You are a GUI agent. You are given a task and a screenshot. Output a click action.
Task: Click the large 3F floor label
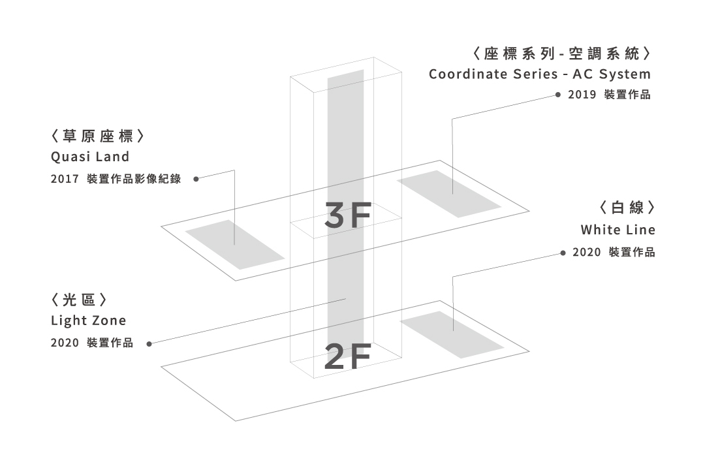348,217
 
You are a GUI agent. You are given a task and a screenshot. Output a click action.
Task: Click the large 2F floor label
348,356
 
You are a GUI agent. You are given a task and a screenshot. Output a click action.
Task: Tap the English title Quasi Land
90,157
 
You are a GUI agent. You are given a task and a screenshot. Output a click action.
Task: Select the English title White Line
618,230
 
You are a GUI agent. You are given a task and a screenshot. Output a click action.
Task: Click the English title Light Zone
88,321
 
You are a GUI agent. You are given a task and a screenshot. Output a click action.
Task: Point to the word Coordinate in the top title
465,74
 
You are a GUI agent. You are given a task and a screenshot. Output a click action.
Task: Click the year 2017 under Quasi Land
64,179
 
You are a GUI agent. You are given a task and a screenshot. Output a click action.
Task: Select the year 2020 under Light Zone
64,343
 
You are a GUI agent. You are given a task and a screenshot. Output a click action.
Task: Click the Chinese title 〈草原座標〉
97,137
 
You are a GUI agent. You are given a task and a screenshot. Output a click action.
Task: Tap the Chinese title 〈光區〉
78,301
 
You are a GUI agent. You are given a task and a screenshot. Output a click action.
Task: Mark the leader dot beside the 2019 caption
558,95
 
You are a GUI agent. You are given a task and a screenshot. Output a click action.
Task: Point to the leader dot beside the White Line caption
563,253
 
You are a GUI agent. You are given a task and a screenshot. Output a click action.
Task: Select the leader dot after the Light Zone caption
149,343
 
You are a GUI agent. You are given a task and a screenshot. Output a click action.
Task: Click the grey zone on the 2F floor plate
452,334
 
